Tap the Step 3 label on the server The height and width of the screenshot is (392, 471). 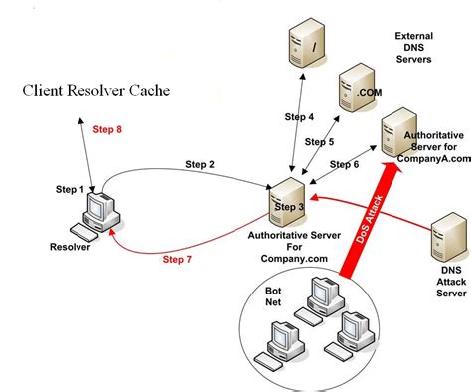click(290, 206)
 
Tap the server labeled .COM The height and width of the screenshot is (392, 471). click(353, 91)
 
